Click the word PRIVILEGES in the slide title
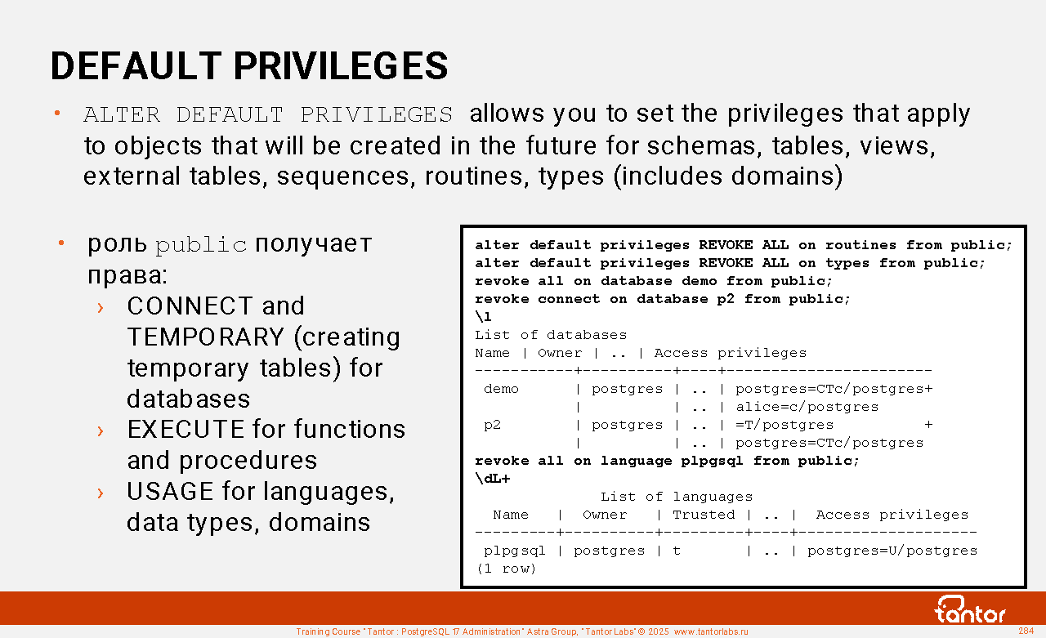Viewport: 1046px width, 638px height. coord(341,66)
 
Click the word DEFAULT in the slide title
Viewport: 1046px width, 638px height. coord(136,66)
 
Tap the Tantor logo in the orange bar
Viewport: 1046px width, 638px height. coord(969,609)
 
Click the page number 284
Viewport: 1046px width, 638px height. coord(1026,631)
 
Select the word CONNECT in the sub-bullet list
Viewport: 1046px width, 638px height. coord(190,306)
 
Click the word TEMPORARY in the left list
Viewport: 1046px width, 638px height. coord(205,337)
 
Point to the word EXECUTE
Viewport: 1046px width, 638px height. coord(186,430)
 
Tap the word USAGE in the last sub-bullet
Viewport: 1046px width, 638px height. coord(171,492)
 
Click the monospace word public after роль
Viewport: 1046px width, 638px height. coord(201,245)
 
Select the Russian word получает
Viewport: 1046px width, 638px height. coord(313,243)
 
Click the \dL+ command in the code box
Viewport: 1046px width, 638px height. coord(493,479)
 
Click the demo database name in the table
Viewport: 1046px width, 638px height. coord(501,389)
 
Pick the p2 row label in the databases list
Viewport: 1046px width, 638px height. coord(493,425)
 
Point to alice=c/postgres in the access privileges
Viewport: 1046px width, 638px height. coord(807,407)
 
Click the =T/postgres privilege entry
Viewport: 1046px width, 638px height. coord(784,425)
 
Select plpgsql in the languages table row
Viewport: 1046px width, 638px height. coord(515,551)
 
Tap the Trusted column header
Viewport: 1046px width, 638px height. coord(704,515)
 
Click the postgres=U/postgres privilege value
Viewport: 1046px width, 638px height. coord(892,551)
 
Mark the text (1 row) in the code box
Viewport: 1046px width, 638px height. coord(506,569)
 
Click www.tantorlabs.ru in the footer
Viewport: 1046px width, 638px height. coord(711,631)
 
